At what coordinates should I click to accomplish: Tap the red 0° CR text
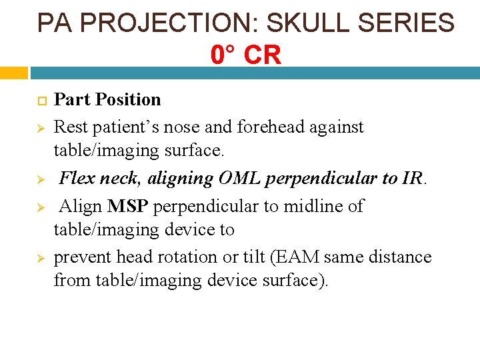click(246, 55)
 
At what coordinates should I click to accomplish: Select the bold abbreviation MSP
click(128, 205)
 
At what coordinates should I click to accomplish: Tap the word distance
click(397, 257)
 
